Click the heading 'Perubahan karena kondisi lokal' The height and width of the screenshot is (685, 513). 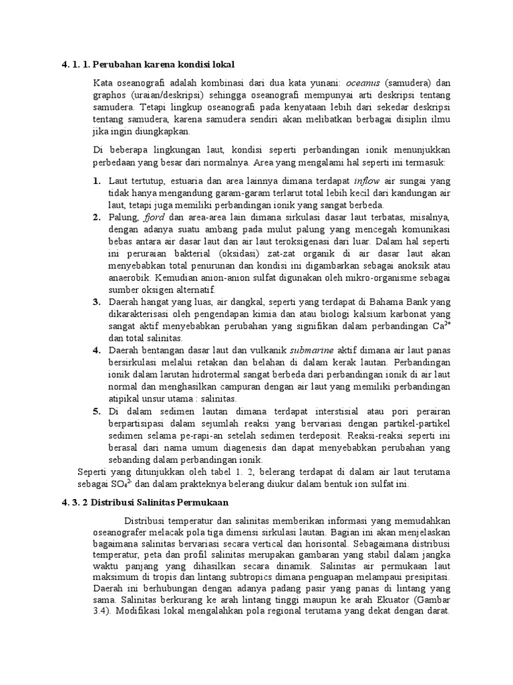(x=158, y=64)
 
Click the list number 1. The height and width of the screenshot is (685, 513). (x=96, y=181)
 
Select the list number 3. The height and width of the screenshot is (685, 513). (x=96, y=302)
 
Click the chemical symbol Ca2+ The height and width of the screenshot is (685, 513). (x=442, y=326)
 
